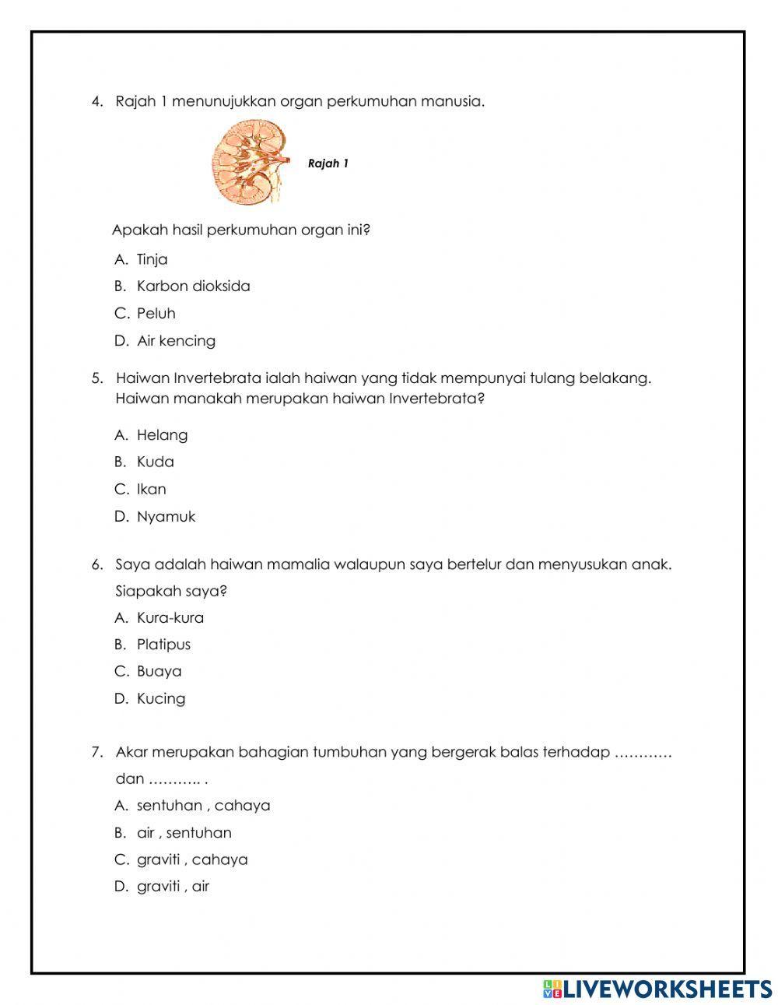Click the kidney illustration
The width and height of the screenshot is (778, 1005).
coord(246,163)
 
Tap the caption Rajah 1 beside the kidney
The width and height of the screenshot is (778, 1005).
coord(328,163)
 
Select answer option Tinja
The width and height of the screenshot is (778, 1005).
coord(152,259)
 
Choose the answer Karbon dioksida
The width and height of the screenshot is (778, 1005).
coord(193,286)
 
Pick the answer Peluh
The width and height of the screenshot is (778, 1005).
coord(156,314)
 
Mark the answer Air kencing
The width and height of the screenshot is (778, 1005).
coord(176,341)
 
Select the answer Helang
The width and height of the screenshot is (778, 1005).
coord(162,435)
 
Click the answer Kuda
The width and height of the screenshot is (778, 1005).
coord(155,462)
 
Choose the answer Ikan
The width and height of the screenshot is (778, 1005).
coord(151,490)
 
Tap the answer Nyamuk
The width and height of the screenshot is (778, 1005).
coord(166,517)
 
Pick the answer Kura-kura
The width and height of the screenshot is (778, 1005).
coord(170,618)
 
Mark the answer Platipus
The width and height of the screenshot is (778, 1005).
coord(163,645)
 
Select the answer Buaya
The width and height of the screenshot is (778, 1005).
coord(159,672)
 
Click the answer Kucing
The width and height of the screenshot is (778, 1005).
coord(161,699)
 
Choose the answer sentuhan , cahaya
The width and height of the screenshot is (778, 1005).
coord(203,806)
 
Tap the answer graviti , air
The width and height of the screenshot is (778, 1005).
coord(173,887)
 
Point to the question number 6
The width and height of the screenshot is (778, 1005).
coord(97,565)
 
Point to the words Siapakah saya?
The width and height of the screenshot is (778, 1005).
coord(171,591)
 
